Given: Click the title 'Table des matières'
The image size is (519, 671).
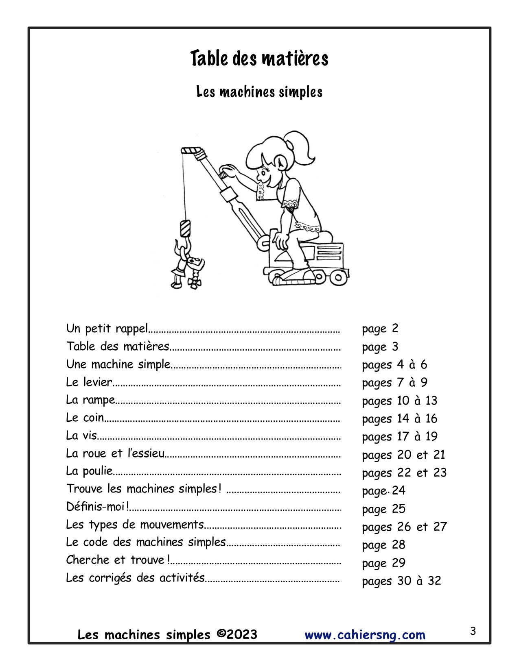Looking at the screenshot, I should pos(259,59).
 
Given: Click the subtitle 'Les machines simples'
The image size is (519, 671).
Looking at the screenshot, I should pos(259,92).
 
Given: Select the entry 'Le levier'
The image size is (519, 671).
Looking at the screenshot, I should pos(89,382).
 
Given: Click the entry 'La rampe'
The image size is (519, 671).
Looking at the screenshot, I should pos(90,400).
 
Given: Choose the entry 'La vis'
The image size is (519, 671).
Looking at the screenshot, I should pos(81,436).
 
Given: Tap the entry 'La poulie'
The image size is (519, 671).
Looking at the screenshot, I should pos(89,471).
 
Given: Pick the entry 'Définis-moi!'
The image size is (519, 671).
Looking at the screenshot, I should pos(98,507).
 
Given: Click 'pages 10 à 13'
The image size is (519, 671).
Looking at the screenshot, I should pos(399,401).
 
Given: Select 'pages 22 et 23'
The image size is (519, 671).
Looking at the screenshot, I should pos(404,473).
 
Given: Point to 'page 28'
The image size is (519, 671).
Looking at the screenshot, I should pos(383,545).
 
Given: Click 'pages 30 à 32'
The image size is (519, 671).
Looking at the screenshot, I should pos(401,581).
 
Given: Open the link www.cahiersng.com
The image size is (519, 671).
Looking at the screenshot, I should pos(365,635).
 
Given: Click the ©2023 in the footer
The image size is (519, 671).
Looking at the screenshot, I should pos(237,634).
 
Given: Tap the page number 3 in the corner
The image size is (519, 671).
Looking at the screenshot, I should pos(473,631).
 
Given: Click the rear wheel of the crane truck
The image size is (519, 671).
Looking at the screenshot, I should pos(337,278).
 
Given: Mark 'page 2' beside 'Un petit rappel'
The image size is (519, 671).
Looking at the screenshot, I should pos(380,329).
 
